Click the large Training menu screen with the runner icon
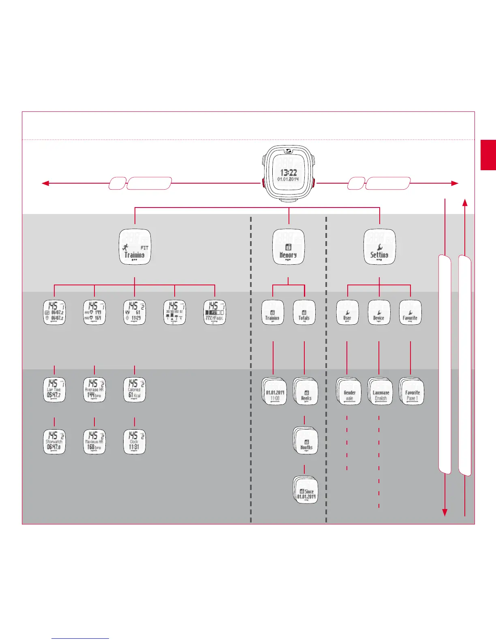(x=135, y=247)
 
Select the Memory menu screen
(x=288, y=247)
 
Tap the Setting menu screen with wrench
(x=379, y=247)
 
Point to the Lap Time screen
(x=54, y=390)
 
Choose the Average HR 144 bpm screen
(x=94, y=390)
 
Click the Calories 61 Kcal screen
(x=135, y=390)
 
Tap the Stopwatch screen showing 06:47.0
(x=54, y=442)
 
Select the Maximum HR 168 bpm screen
(x=94, y=442)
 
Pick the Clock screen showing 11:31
(x=135, y=442)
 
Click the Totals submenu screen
(x=304, y=312)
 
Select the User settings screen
(x=347, y=312)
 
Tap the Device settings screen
(x=379, y=312)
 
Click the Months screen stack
(x=306, y=442)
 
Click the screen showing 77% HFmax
(x=214, y=312)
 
